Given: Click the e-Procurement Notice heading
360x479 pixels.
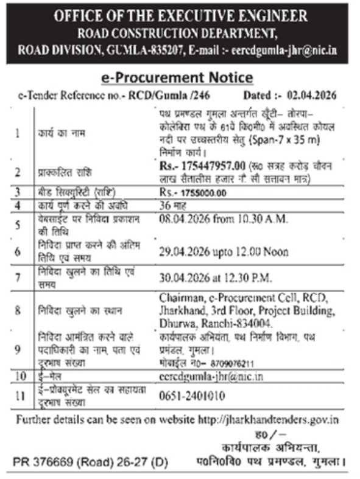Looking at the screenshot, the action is pos(176,77).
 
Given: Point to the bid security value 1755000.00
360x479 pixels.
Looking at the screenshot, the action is pos(208,193).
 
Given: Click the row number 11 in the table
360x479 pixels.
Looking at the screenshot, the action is pos(21,396).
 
